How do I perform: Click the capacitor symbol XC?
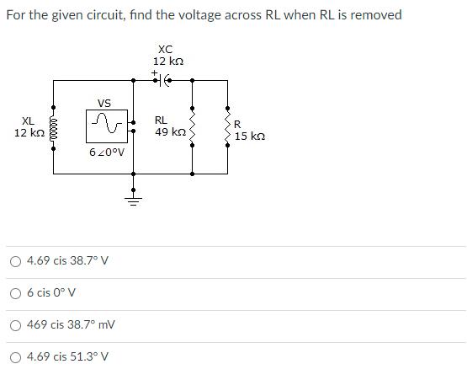[x=167, y=81]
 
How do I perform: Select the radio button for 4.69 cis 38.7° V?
[x=16, y=261]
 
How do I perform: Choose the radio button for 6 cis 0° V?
[x=16, y=293]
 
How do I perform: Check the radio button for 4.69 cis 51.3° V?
[x=16, y=356]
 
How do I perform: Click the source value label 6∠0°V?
[x=107, y=153]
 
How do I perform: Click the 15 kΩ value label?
[x=252, y=136]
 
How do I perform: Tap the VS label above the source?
[x=103, y=104]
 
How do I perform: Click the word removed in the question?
[x=377, y=15]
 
